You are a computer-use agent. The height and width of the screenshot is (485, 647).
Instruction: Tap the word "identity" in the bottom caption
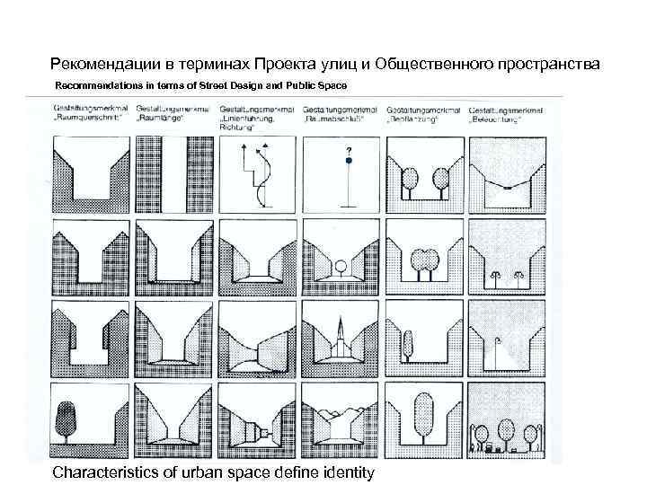coord(342,472)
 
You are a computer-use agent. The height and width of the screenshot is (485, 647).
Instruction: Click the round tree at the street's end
coord(341,267)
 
